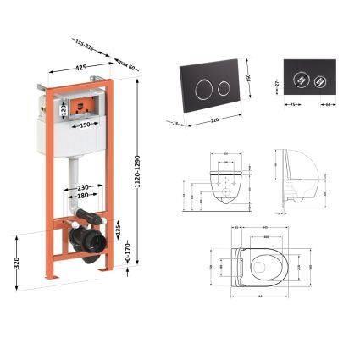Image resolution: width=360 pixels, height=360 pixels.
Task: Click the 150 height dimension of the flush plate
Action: click(x=252, y=79)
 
